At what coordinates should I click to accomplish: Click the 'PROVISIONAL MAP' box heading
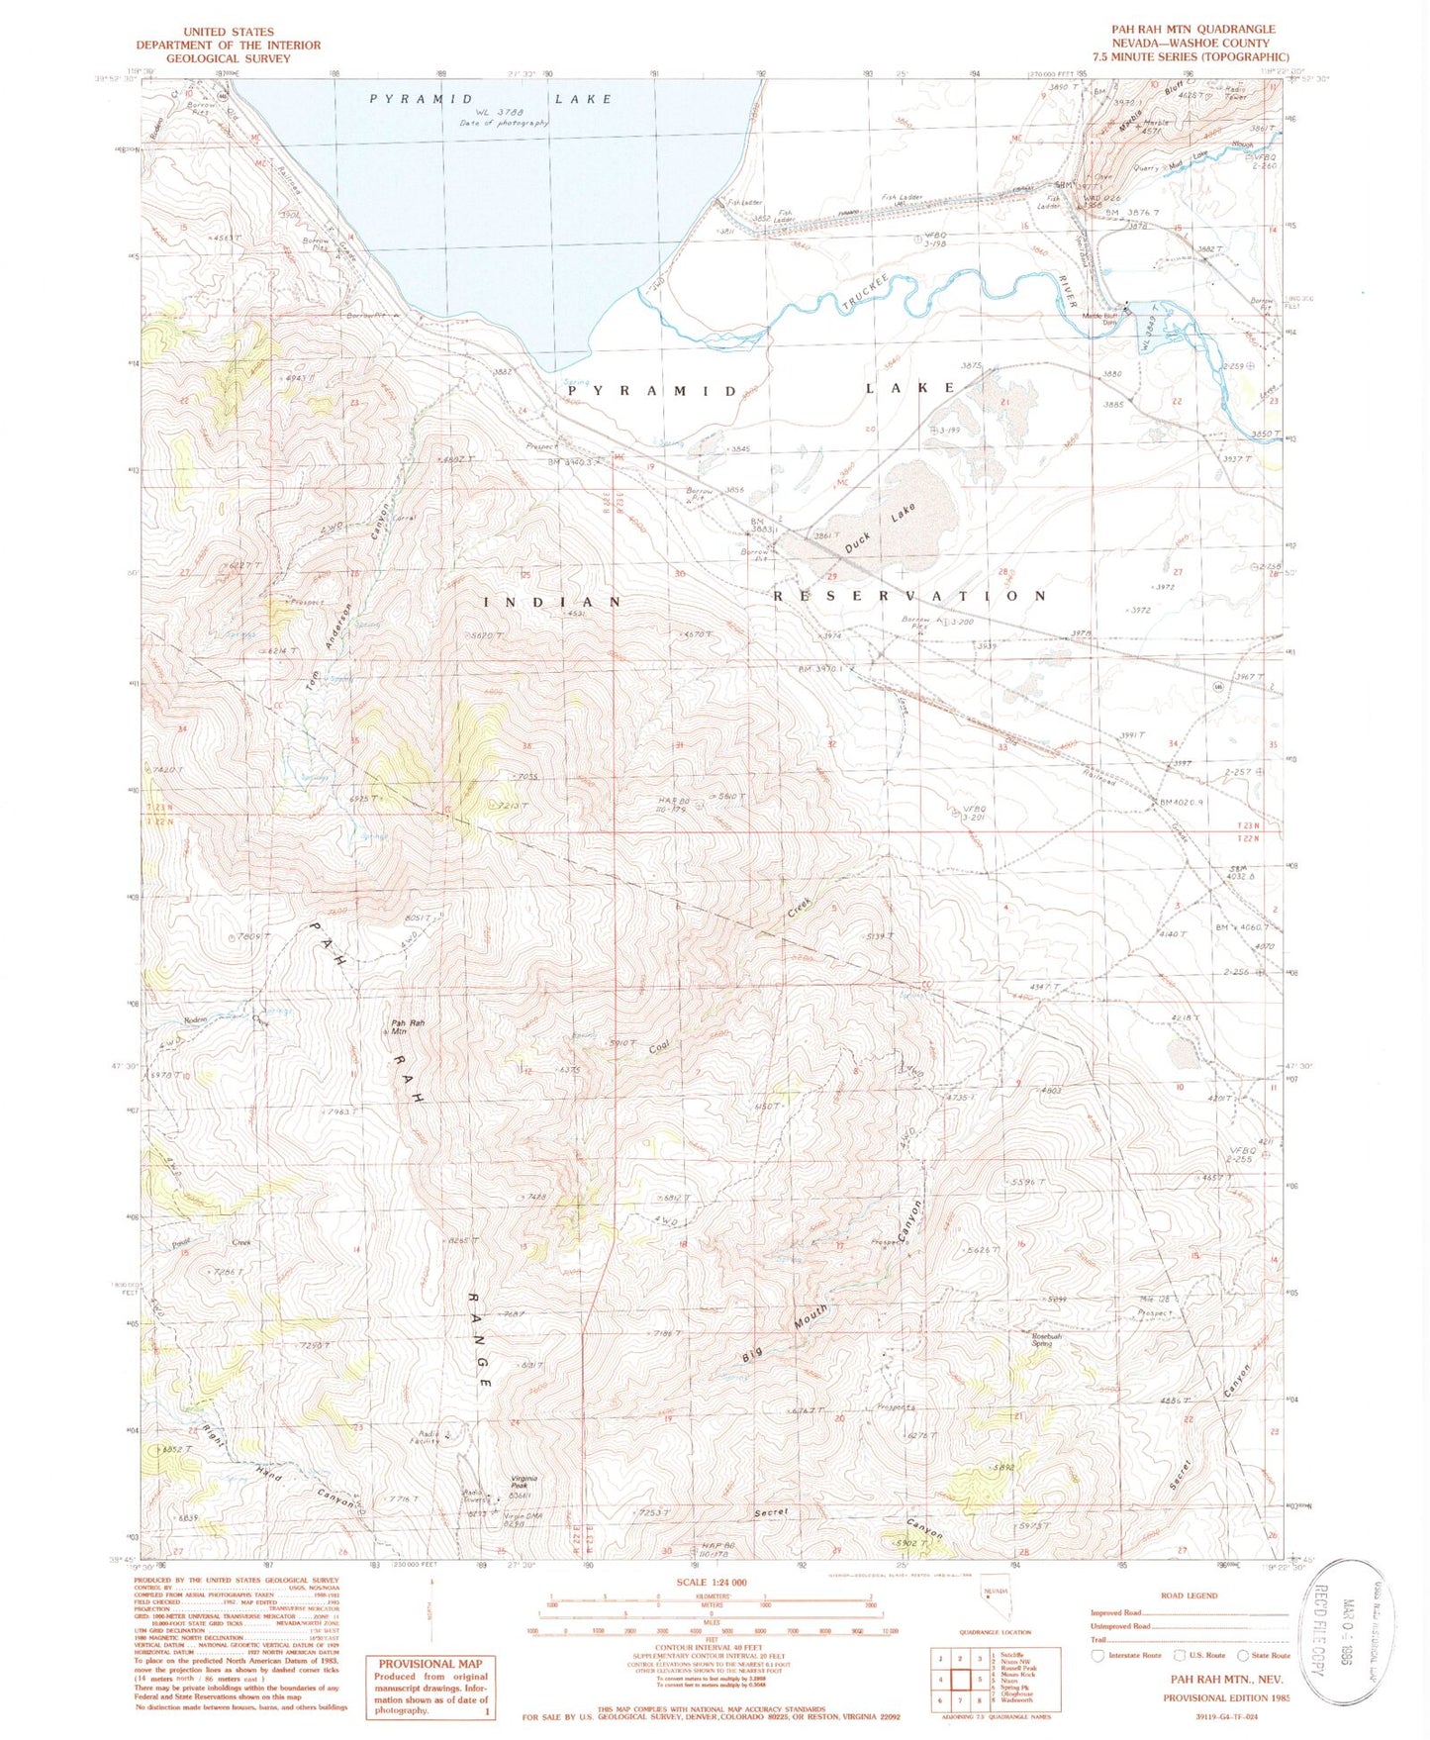point(429,1664)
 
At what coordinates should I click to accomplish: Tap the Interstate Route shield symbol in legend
point(1096,1655)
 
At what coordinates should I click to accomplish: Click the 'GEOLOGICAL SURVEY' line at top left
point(228,58)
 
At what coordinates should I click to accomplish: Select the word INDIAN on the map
point(552,602)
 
